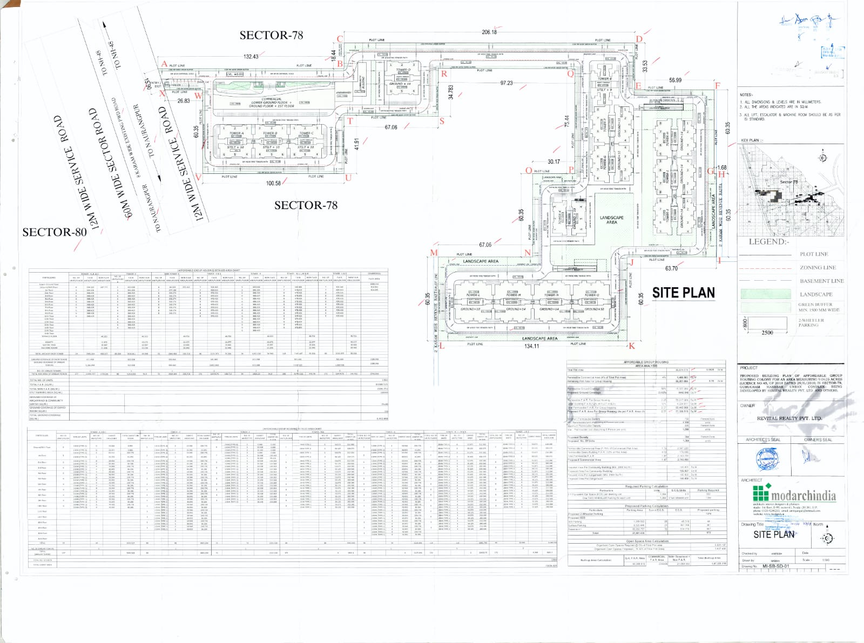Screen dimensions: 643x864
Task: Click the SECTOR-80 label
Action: tap(54, 232)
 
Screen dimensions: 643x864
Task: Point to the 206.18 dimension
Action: tap(489, 32)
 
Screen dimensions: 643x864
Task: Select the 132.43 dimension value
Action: tap(251, 57)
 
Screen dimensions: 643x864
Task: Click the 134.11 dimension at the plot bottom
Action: tap(531, 346)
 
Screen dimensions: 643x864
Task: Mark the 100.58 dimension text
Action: tap(274, 184)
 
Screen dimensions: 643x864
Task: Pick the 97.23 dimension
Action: tap(506, 83)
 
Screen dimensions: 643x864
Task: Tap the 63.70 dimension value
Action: tap(671, 268)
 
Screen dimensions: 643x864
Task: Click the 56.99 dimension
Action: tap(675, 80)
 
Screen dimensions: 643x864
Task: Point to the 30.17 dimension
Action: tap(553, 161)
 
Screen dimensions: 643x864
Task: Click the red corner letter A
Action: tap(164, 64)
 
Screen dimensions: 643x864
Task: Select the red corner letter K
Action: tap(631, 346)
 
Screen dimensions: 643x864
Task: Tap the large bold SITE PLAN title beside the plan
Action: tap(683, 293)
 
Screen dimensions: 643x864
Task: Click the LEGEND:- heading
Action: tap(768, 241)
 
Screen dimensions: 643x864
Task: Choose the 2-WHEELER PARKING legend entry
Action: tap(811, 322)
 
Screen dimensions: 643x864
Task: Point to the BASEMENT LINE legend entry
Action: tap(821, 281)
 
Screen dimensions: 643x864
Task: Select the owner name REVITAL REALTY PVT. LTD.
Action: tap(789, 418)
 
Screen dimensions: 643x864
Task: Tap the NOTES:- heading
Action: tap(746, 94)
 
